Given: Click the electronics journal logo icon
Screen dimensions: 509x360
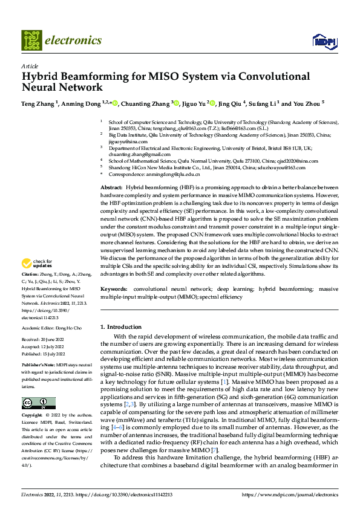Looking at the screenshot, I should coord(31,41).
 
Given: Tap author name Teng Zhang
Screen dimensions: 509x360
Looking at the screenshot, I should coord(39,103).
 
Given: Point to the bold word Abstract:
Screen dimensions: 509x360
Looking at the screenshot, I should coord(111,188).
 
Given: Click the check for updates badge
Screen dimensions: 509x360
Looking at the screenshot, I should coord(36,264).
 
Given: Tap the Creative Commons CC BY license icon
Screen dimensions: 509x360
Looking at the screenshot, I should coord(39,403).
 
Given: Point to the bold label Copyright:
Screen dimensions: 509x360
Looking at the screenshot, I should coord(33,415).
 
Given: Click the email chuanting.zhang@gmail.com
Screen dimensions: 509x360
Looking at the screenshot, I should coord(136,155).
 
